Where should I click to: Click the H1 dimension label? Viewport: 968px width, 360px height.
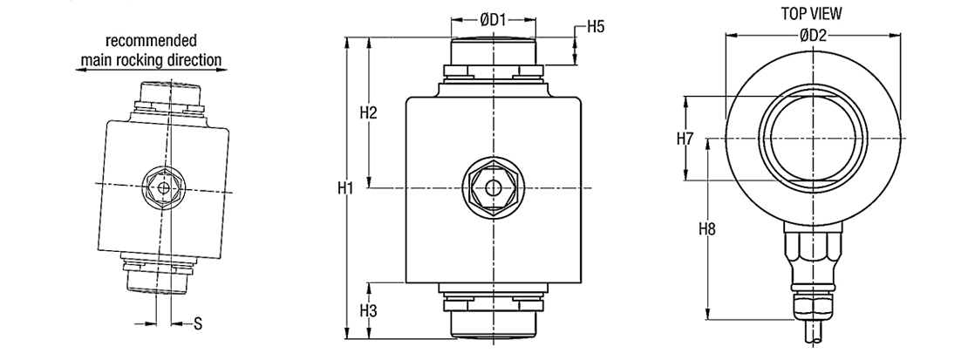click(345, 188)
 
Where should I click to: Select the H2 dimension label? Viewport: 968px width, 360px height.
click(368, 112)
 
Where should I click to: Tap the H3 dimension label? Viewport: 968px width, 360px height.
click(368, 310)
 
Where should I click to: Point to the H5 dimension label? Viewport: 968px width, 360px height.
click(596, 26)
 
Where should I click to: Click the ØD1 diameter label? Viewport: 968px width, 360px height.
click(494, 20)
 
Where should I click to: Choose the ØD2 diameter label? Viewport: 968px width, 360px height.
click(813, 35)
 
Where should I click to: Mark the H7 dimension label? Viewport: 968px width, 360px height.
click(685, 139)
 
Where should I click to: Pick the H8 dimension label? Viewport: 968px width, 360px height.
click(707, 229)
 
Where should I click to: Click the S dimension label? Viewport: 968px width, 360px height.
click(198, 323)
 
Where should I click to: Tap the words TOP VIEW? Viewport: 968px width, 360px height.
click(811, 13)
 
